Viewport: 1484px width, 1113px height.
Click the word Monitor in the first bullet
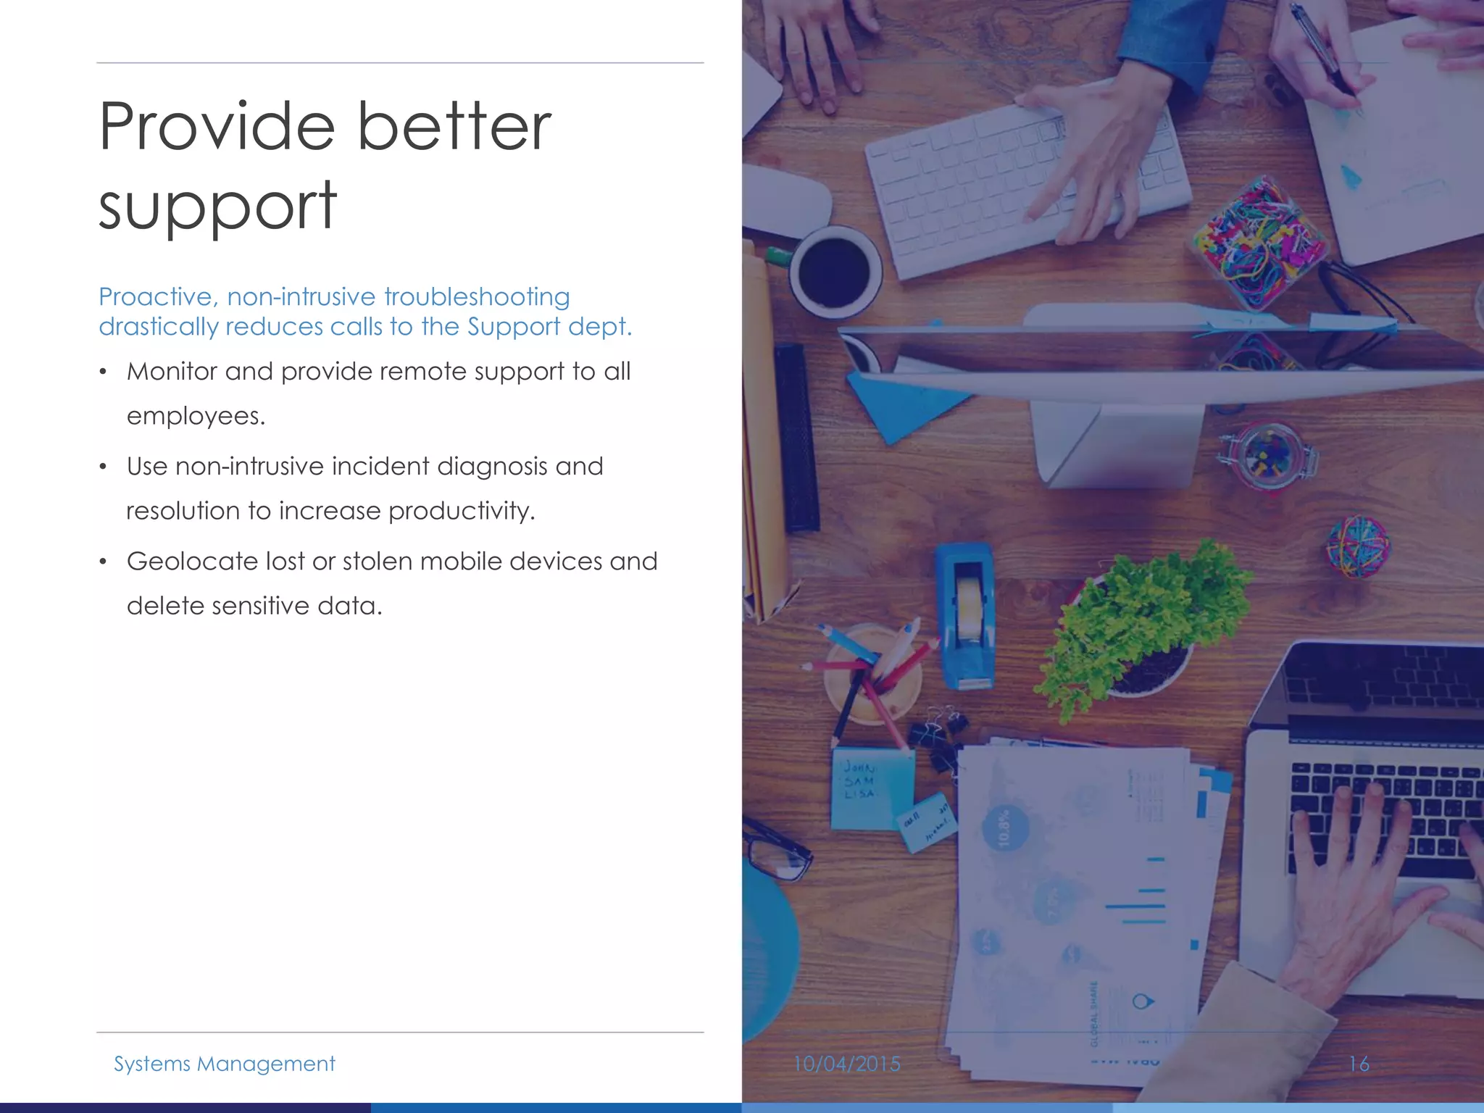[172, 372]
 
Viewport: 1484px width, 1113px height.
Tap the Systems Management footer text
[224, 1064]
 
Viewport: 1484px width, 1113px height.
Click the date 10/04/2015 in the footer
[846, 1064]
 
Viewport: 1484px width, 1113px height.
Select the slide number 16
[1359, 1064]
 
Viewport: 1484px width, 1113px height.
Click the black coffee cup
[835, 272]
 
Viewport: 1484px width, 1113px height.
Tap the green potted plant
[1145, 623]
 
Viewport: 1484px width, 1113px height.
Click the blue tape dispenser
[964, 616]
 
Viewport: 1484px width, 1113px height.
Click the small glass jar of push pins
[1268, 457]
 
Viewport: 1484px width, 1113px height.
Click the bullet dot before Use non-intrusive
[104, 467]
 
